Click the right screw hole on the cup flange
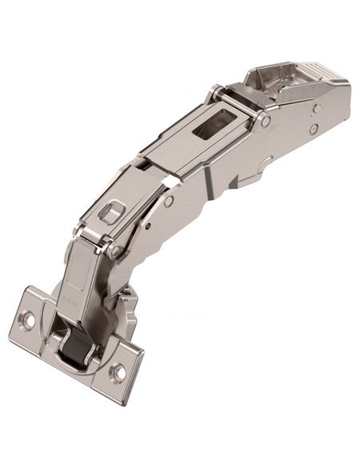pyautogui.click(x=118, y=371)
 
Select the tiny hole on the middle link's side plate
pyautogui.click(x=149, y=227)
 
